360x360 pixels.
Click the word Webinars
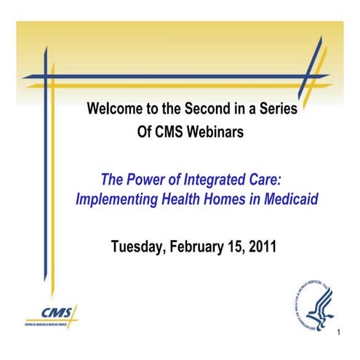pos(217,135)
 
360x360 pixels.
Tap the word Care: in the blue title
pos(272,178)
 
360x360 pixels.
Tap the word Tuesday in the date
pos(138,246)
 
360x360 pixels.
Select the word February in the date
pos(199,246)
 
